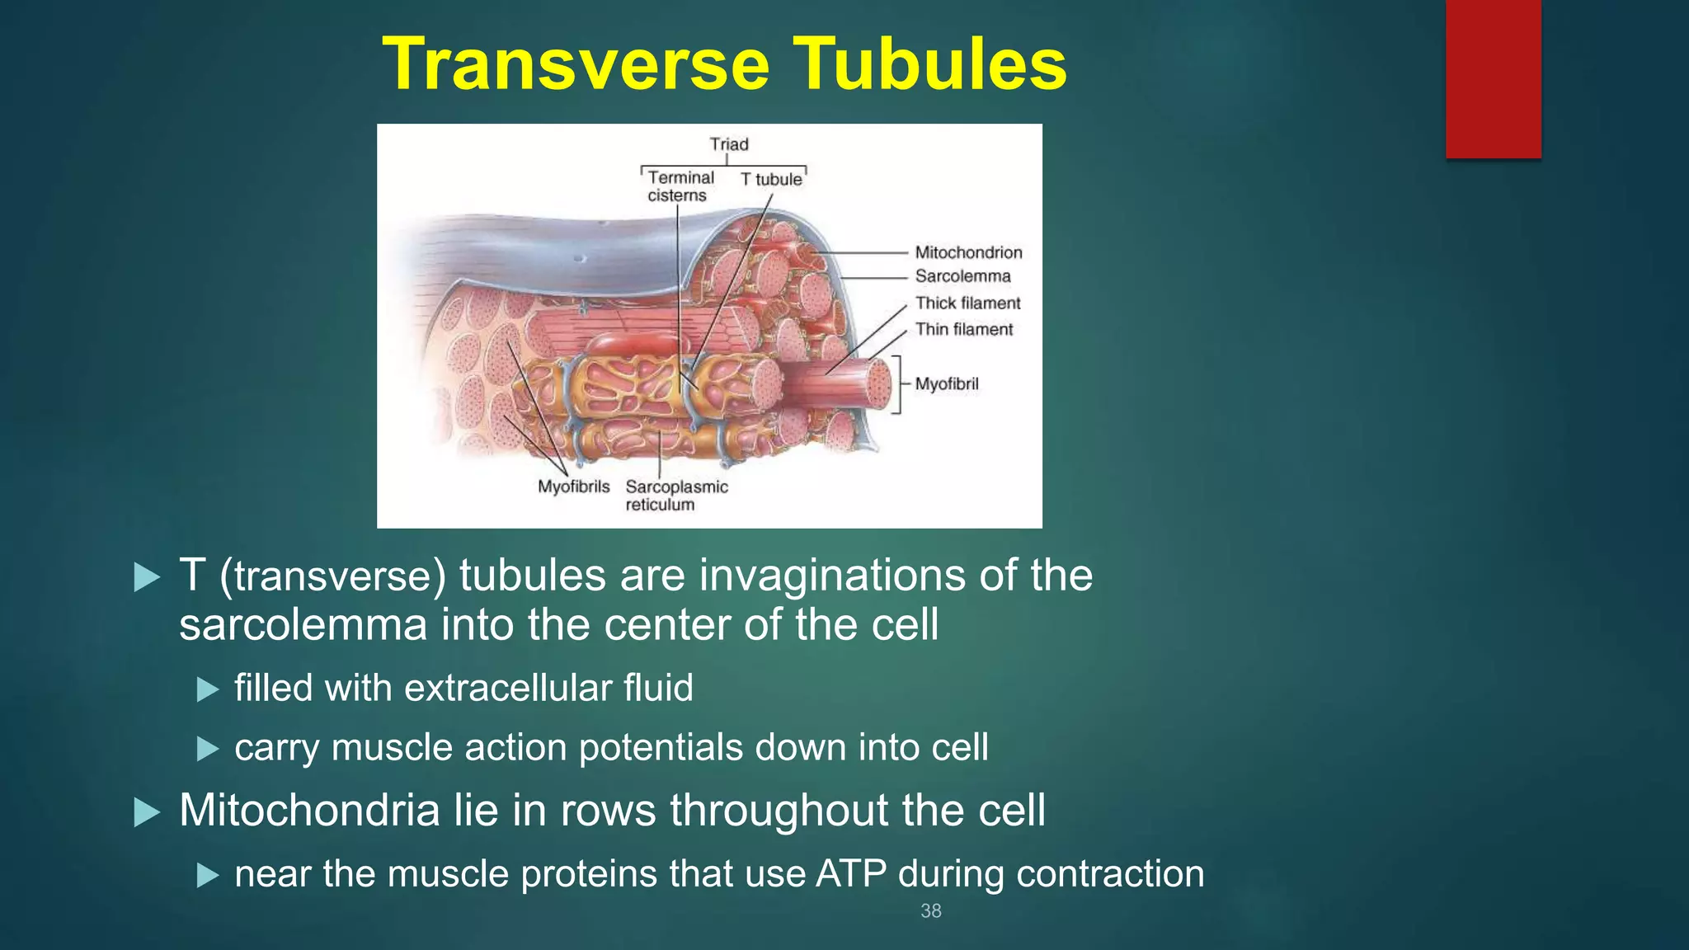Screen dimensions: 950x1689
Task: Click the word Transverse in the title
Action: pos(576,64)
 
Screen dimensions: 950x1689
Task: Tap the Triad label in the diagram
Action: pos(729,144)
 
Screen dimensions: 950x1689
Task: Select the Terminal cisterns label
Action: pos(680,186)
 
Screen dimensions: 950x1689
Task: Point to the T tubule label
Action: pos(770,179)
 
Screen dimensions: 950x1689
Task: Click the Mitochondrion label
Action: pos(968,252)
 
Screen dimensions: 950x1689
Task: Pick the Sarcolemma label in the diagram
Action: pos(962,276)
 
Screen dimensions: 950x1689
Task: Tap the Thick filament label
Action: pos(967,303)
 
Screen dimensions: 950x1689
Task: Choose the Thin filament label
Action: pos(963,329)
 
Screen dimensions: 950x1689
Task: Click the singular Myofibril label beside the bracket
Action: pos(947,383)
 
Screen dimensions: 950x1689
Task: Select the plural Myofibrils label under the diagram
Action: pos(573,487)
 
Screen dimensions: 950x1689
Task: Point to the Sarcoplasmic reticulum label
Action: pos(675,496)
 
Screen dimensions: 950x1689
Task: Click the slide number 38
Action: pos(930,910)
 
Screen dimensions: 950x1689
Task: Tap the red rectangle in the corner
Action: pos(1493,78)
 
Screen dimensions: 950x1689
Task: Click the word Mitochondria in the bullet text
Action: pos(309,810)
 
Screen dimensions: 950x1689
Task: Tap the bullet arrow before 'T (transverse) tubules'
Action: pos(147,577)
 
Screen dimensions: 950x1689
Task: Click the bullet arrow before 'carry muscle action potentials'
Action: pos(208,749)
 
